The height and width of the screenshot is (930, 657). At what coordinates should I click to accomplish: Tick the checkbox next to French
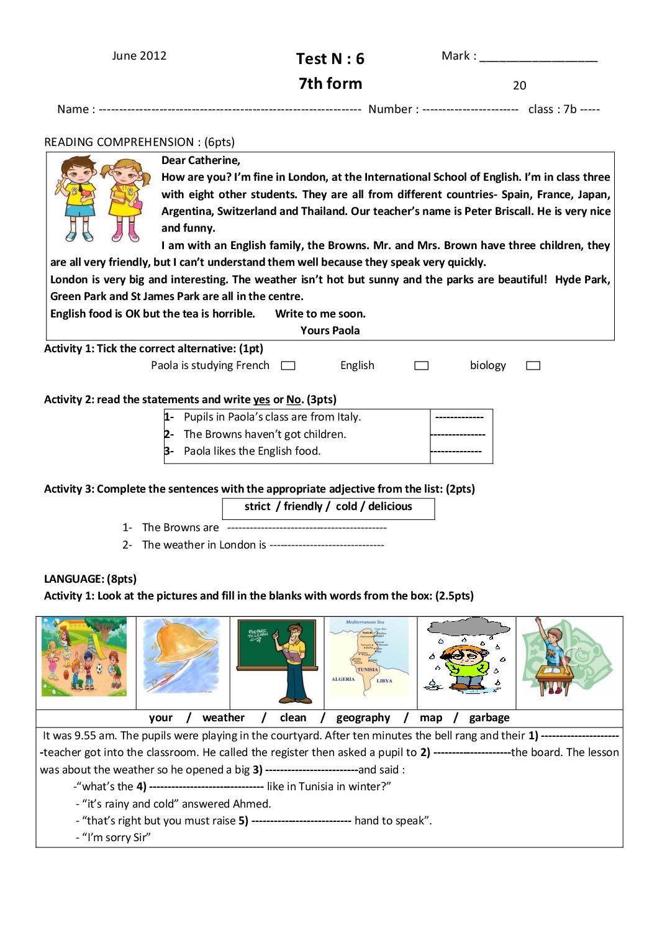288,366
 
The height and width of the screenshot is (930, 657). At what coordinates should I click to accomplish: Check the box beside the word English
422,366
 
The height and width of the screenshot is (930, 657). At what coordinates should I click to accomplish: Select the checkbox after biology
533,366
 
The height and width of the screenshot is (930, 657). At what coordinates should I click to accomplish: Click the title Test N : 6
330,59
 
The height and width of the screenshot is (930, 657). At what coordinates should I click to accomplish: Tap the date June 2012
139,56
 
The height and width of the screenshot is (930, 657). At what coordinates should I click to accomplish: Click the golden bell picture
182,655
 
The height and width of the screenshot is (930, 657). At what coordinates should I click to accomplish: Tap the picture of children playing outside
84,657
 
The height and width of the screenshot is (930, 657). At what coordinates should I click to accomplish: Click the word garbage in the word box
489,718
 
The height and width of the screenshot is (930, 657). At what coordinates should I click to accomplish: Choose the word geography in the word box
363,718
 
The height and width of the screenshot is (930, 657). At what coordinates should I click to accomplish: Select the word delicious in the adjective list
390,506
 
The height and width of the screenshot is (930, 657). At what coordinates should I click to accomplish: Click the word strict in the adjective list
257,506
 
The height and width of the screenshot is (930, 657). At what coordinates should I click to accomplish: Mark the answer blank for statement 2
458,435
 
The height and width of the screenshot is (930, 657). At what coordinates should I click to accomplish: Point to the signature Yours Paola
330,331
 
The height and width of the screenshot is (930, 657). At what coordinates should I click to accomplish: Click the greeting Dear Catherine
201,160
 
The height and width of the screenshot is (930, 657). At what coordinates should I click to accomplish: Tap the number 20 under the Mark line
520,86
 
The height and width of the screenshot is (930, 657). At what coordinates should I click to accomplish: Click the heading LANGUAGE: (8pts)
90,579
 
